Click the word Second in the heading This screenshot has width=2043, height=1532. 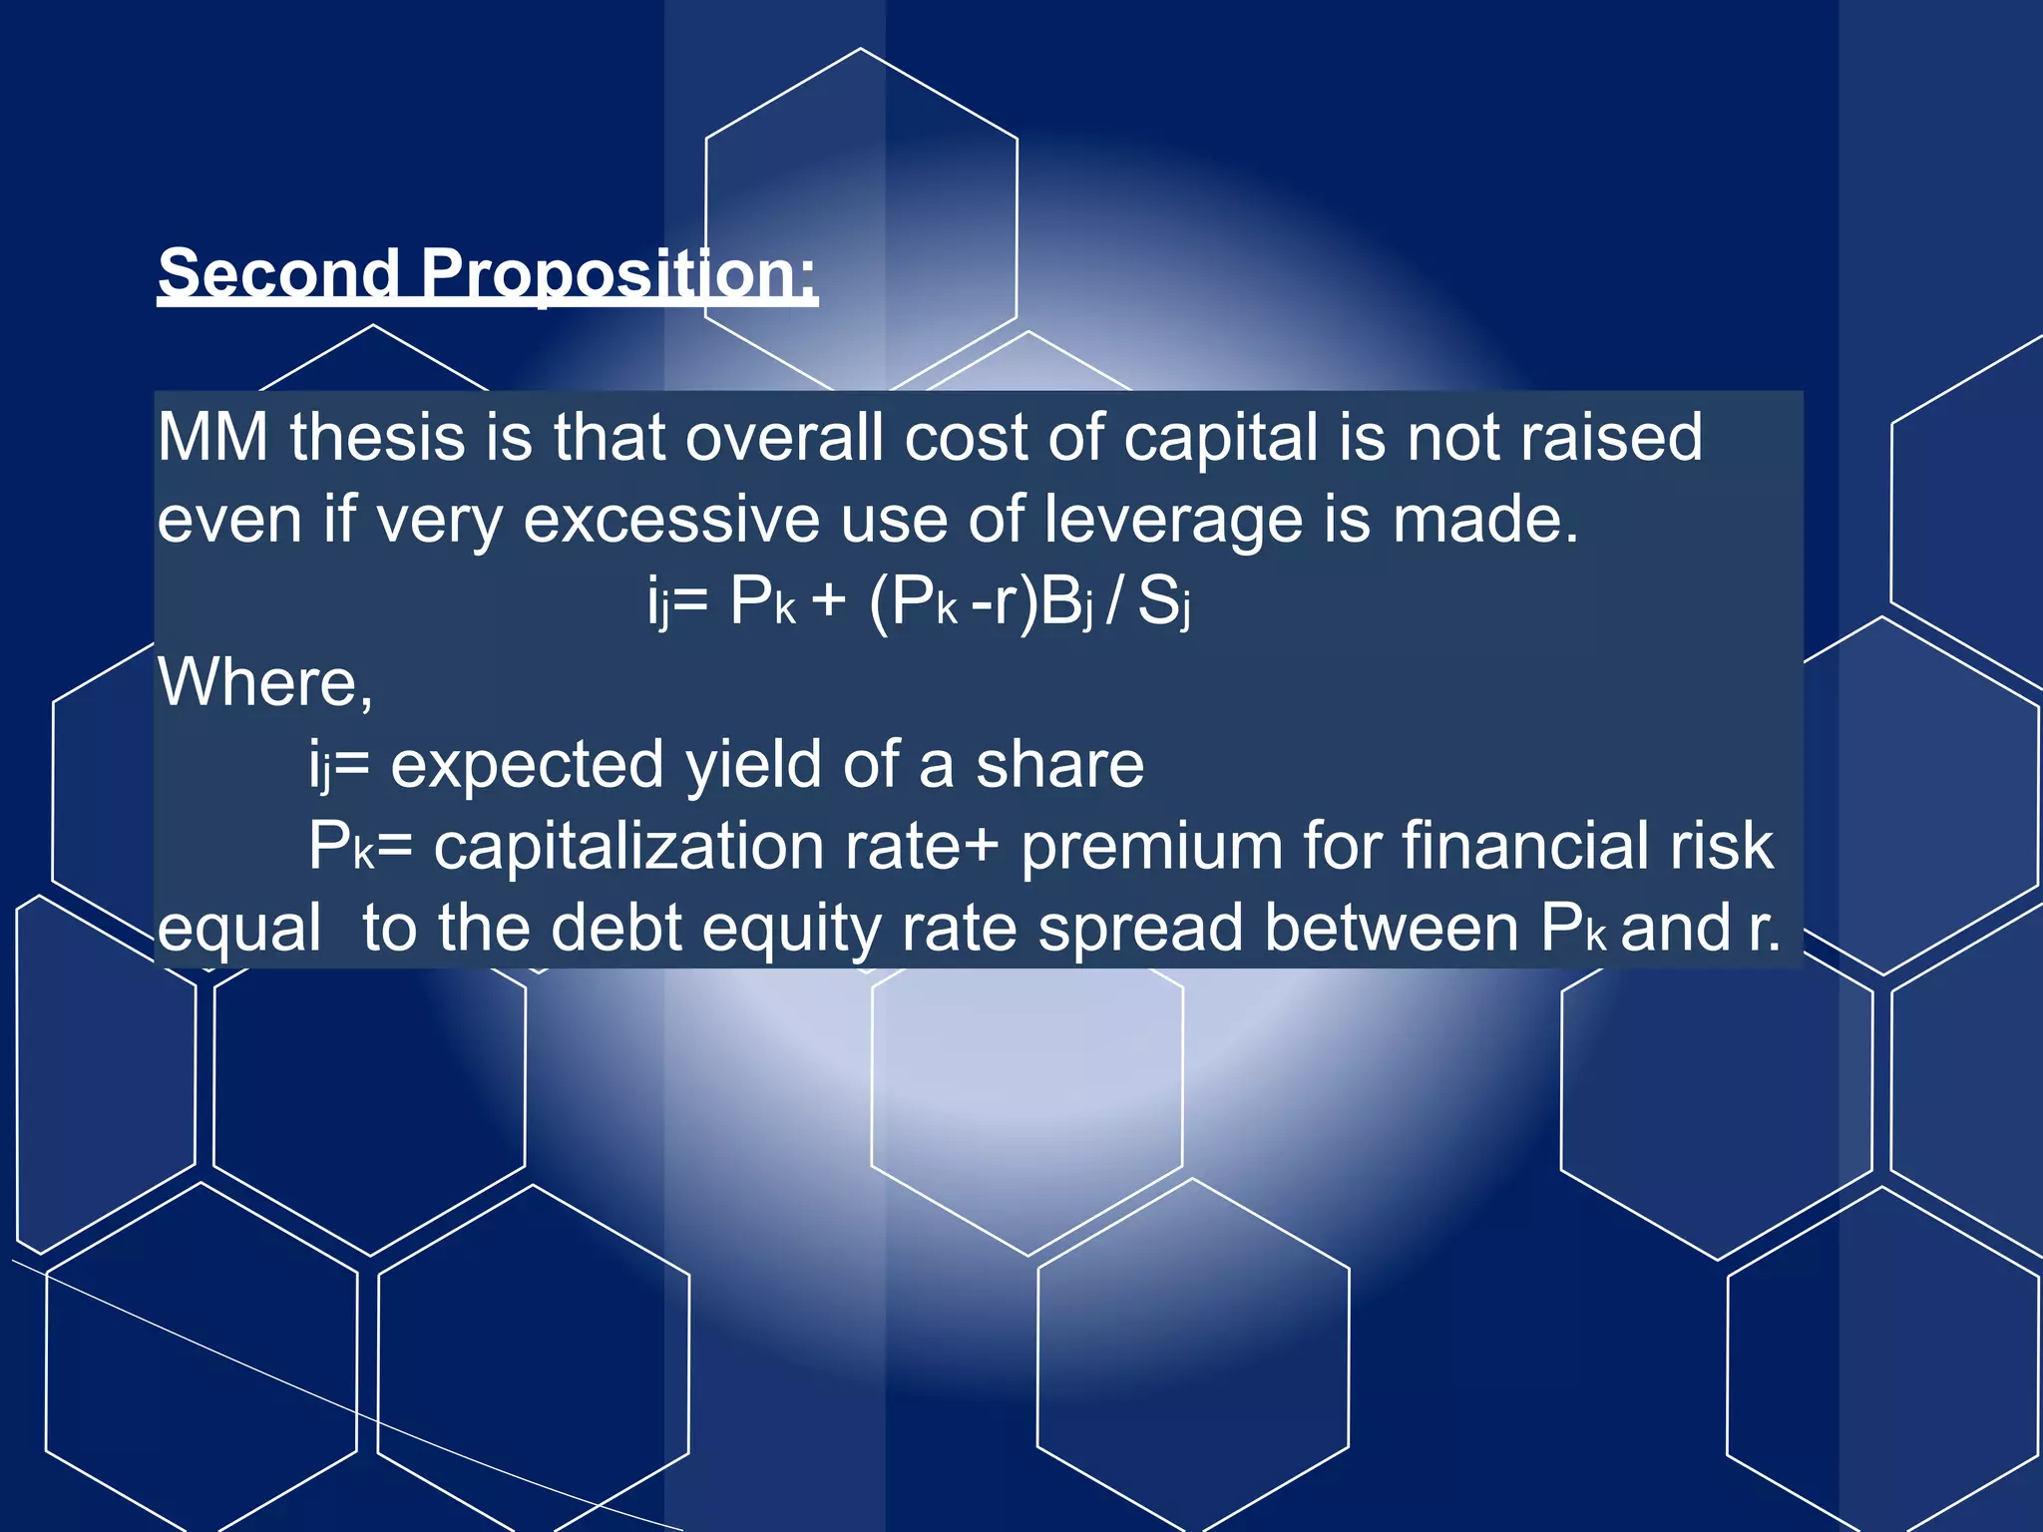coord(277,272)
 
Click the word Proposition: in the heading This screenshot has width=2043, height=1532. coord(618,272)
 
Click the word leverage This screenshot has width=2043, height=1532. coord(1173,520)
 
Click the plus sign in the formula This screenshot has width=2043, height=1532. coord(828,602)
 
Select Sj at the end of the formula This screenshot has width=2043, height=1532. coord(1164,602)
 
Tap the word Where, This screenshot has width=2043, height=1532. coord(265,683)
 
